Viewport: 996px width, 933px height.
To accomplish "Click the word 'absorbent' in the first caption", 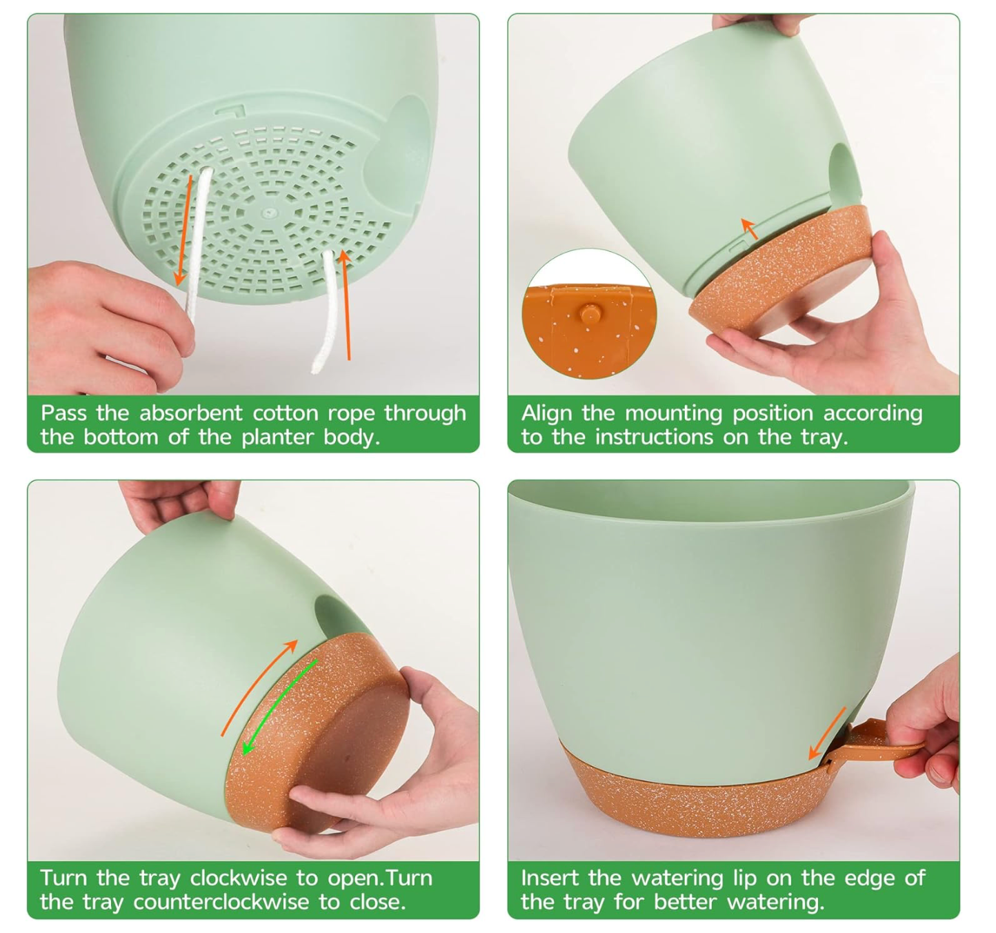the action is pyautogui.click(x=190, y=413).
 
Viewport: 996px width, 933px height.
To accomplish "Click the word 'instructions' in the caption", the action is pyautogui.click(x=655, y=437).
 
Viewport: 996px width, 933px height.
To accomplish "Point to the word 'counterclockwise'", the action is pyautogui.click(x=221, y=901).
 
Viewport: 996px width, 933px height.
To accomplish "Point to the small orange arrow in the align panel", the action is pyautogui.click(x=749, y=228).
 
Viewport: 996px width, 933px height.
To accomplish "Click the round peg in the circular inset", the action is pyautogui.click(x=589, y=313).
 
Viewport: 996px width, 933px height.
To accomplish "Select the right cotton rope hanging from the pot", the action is pyautogui.click(x=326, y=312).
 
